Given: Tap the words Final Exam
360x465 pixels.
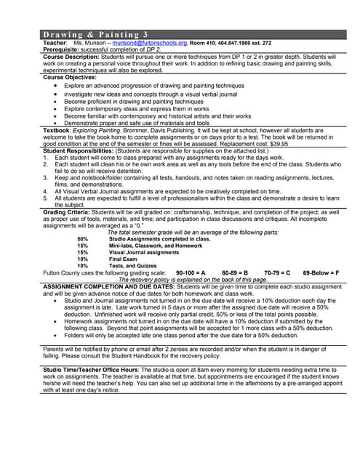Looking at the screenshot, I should (x=123, y=259).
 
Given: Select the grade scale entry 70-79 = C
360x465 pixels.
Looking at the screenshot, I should (x=277, y=272).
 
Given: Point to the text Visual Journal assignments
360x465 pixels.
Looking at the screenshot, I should (x=144, y=251).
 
